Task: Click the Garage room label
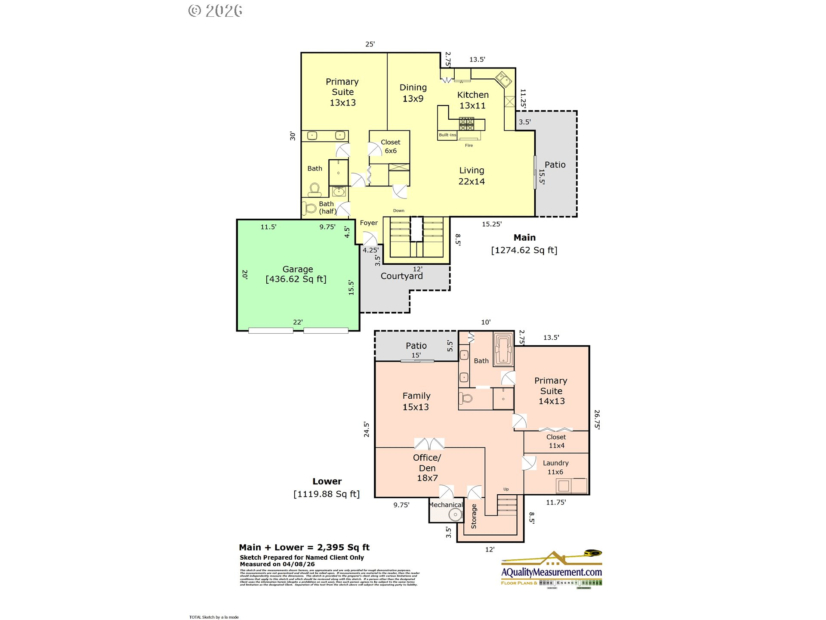pyautogui.click(x=297, y=270)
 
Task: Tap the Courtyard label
pyautogui.click(x=401, y=276)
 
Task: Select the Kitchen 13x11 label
pyautogui.click(x=473, y=100)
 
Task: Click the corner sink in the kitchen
pyautogui.click(x=503, y=80)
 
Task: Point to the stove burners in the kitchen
pyautogui.click(x=466, y=124)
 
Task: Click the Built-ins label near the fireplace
pyautogui.click(x=447, y=135)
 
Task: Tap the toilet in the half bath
pyautogui.click(x=309, y=208)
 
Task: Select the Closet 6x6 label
pyautogui.click(x=391, y=146)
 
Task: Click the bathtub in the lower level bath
pyautogui.click(x=503, y=349)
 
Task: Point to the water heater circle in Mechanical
pyautogui.click(x=455, y=514)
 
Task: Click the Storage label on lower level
pyautogui.click(x=474, y=516)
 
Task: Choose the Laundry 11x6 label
pyautogui.click(x=555, y=467)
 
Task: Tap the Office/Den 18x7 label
pyautogui.click(x=427, y=468)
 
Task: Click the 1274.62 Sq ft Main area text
pyautogui.click(x=524, y=250)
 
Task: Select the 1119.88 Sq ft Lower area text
pyautogui.click(x=327, y=494)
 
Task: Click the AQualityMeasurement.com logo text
pyautogui.click(x=551, y=572)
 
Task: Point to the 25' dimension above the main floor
pyautogui.click(x=370, y=44)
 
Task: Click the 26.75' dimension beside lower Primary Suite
pyautogui.click(x=597, y=419)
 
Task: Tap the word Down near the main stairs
pyautogui.click(x=398, y=211)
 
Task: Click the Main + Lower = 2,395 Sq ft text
pyautogui.click(x=304, y=547)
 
